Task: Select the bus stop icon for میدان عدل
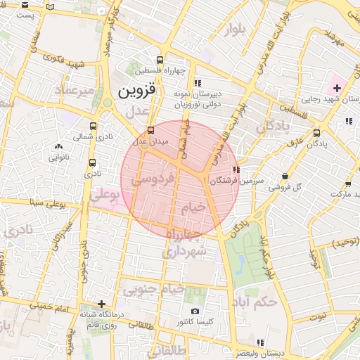[150, 131]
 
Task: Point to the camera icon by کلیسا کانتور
[195, 311]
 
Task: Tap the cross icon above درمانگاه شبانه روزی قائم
[102, 304]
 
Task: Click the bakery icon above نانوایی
[58, 147]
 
